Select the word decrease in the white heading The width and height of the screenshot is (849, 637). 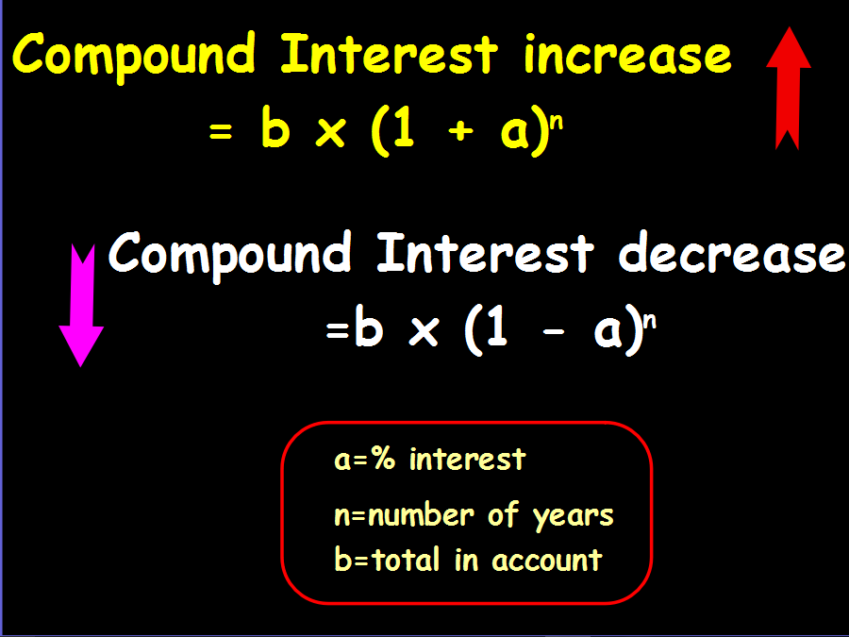731,255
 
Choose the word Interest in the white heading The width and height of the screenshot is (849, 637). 485,255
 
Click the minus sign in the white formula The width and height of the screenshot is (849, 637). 553,334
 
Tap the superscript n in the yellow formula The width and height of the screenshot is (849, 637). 557,123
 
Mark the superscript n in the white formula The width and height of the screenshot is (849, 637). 649,322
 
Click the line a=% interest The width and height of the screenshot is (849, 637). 429,460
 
